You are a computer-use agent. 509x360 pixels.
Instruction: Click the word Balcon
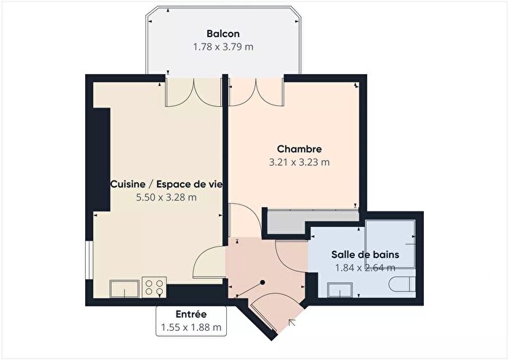click(x=223, y=33)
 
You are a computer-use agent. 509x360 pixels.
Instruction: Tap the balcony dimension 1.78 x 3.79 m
click(x=223, y=47)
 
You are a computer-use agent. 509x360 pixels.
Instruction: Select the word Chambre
click(x=299, y=150)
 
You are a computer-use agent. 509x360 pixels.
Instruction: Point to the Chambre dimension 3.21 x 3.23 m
click(x=299, y=163)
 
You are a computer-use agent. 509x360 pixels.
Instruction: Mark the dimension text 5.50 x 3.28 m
click(x=167, y=197)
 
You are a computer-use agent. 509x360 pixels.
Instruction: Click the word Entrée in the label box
click(x=191, y=314)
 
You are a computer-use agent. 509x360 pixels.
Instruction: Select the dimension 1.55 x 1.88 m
click(x=191, y=328)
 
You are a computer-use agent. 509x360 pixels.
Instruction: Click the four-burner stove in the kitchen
click(x=153, y=287)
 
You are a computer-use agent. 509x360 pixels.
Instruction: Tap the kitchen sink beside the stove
click(x=124, y=289)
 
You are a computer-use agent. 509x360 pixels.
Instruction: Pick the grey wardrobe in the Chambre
click(x=312, y=221)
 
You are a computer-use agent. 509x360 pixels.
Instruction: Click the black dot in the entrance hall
click(x=262, y=283)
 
